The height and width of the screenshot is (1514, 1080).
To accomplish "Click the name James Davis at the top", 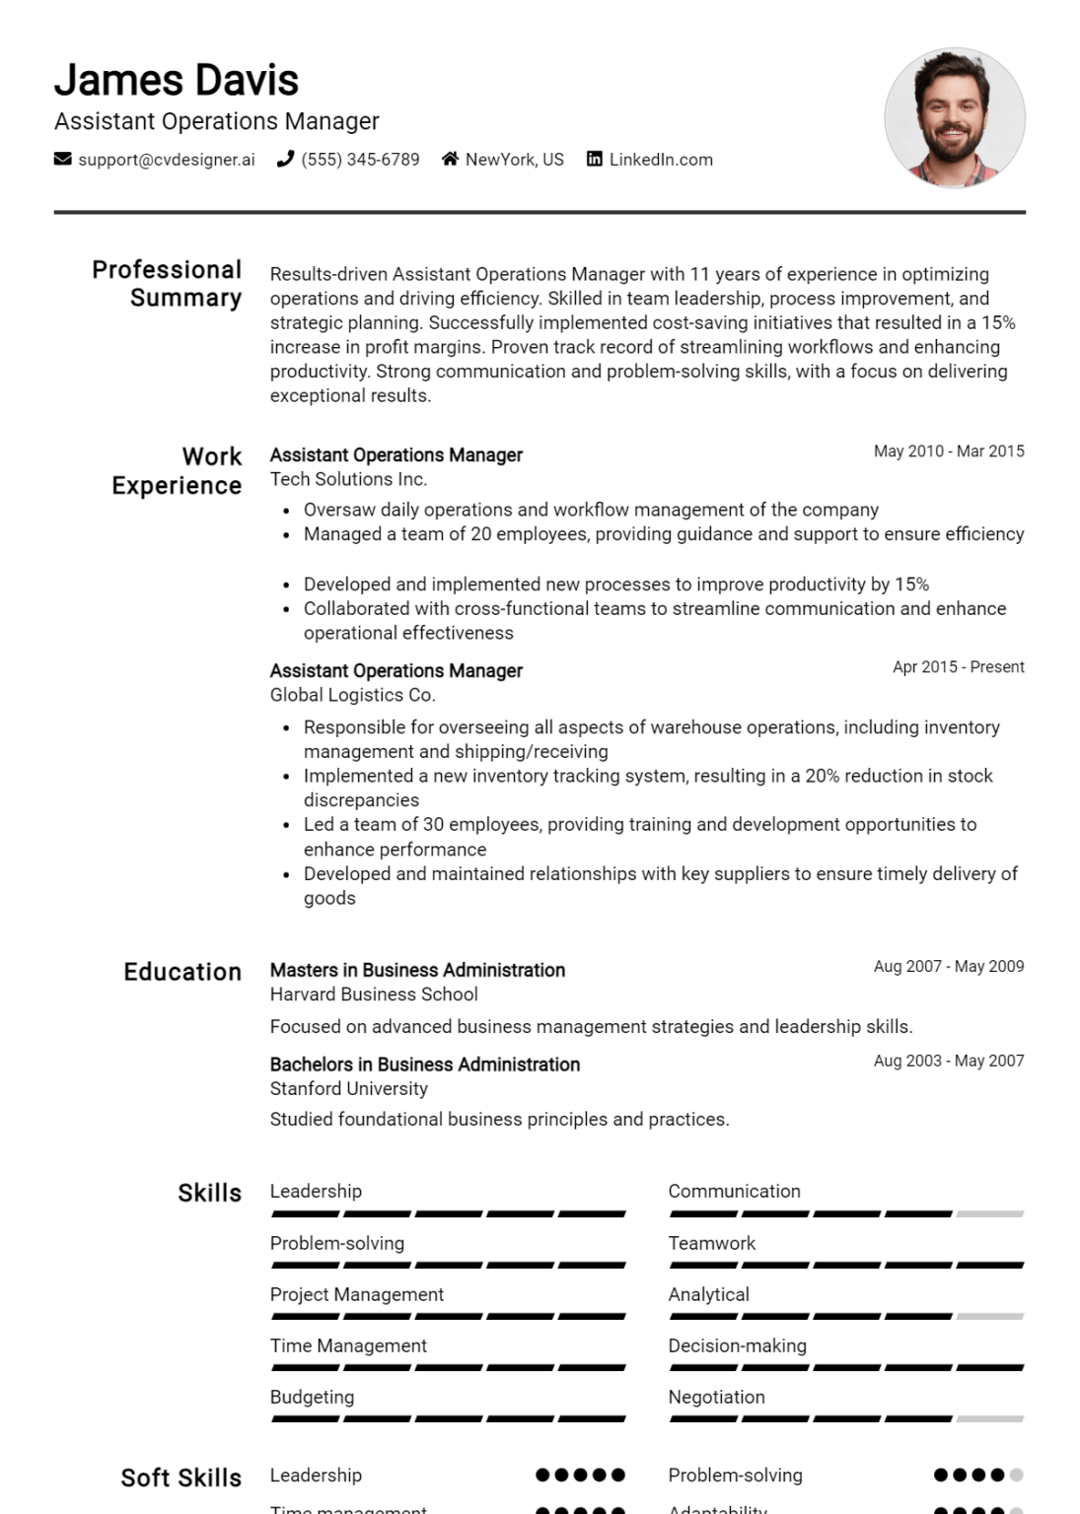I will (176, 80).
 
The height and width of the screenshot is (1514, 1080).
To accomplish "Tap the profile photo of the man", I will (954, 118).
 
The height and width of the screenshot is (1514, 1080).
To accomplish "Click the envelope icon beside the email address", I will (62, 159).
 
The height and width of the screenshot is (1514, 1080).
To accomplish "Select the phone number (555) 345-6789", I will (360, 160).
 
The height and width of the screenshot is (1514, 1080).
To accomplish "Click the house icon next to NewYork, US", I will (450, 159).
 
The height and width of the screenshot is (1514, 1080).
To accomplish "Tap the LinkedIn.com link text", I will (660, 160).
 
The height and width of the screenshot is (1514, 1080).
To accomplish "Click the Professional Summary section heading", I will (167, 284).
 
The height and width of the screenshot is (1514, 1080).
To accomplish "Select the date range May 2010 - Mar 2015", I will (948, 451).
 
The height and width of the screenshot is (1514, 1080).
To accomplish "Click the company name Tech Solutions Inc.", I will (348, 479).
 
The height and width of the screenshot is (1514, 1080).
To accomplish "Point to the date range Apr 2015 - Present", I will (958, 667).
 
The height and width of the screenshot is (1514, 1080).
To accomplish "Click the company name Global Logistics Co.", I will (352, 695).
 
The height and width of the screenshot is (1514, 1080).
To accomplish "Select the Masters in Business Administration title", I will (417, 970).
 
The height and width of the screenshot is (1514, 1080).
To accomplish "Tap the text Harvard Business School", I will (374, 995).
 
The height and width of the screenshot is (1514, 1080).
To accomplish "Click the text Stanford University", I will (348, 1089).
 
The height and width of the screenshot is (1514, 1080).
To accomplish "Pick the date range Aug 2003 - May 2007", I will (948, 1062).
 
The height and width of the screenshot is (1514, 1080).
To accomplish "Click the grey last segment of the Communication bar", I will (990, 1213).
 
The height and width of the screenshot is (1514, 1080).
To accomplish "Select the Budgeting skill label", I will (312, 1397).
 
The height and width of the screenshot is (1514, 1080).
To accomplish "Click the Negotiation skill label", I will (716, 1397).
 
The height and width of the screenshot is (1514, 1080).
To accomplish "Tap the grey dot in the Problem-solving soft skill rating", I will (1017, 1476).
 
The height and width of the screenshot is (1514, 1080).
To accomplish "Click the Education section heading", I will (182, 972).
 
